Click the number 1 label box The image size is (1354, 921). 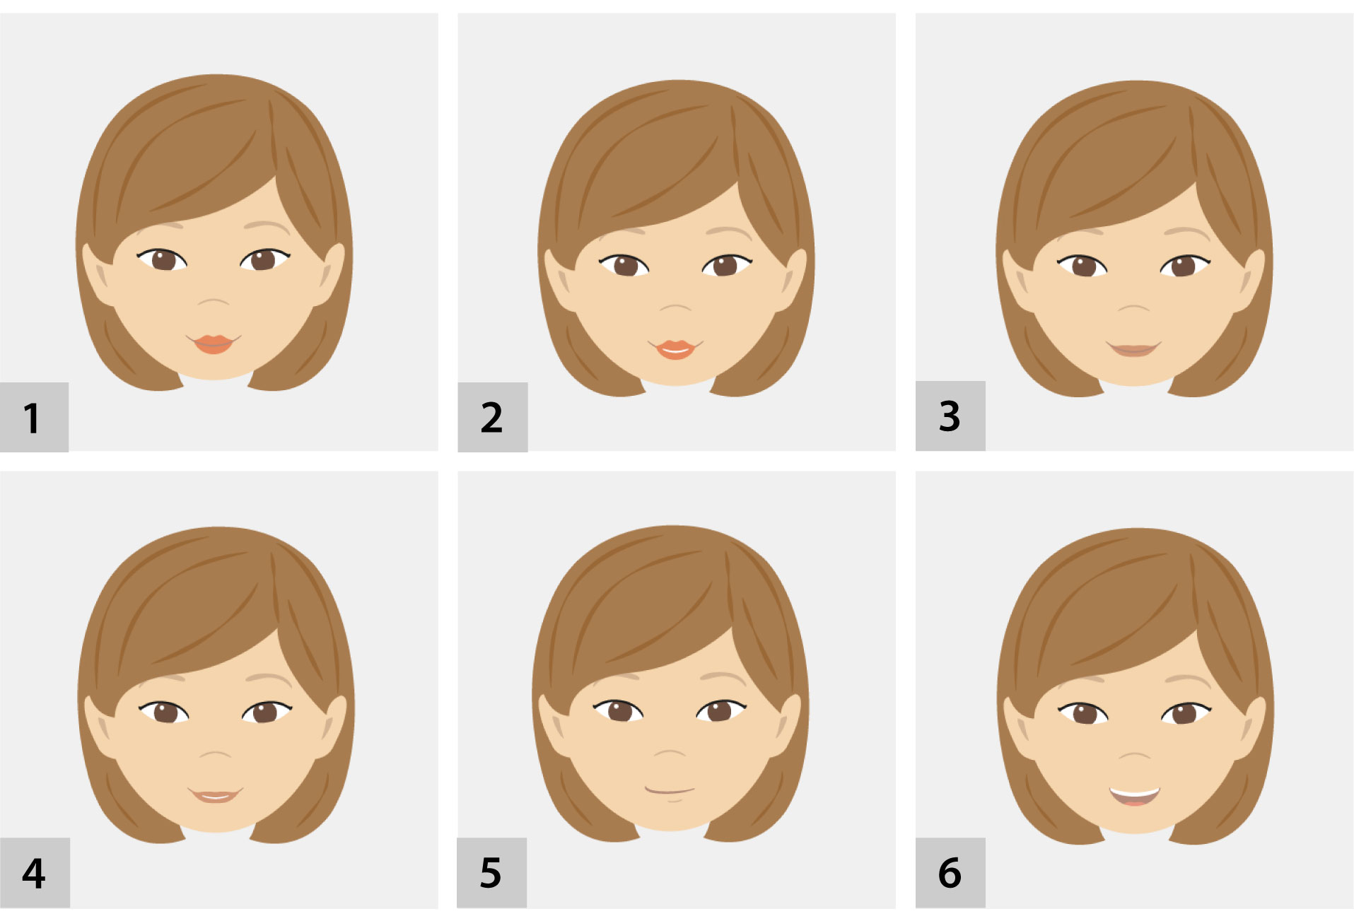34,417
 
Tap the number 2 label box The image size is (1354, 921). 492,417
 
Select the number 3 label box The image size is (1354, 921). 950,416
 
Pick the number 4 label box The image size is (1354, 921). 35,872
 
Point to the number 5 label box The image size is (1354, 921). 491,872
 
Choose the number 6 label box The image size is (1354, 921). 950,872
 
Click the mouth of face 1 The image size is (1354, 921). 214,344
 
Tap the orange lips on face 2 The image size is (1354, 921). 675,349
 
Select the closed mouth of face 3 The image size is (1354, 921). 1134,349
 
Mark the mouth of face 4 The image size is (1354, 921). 215,795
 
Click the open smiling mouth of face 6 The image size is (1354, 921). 1135,797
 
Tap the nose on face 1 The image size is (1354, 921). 214,302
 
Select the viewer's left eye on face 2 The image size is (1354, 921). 624,265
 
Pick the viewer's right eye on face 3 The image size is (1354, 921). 1185,265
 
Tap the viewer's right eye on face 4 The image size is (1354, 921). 267,711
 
